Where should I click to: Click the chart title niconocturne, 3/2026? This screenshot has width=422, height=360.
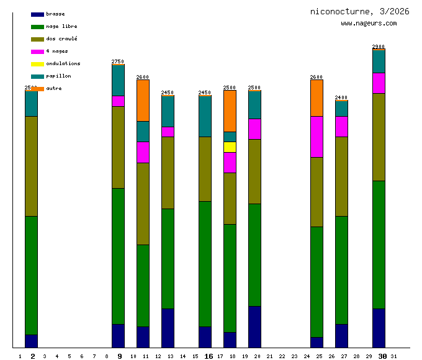point(359,12)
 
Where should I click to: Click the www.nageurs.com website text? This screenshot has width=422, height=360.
point(369,24)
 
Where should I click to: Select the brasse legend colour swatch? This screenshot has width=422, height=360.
point(37,14)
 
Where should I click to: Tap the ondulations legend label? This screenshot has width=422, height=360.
point(63,63)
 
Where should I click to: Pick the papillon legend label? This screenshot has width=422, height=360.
point(58,76)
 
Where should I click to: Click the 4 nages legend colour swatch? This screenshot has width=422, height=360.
point(37,52)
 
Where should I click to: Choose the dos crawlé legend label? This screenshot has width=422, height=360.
point(61,38)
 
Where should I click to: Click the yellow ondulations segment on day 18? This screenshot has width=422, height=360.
point(230,147)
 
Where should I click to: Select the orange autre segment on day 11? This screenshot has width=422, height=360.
point(143,101)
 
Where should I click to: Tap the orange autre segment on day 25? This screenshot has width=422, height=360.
point(316,98)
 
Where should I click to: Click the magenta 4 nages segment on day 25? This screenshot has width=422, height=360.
point(316,137)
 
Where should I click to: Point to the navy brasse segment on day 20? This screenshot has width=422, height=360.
point(254,326)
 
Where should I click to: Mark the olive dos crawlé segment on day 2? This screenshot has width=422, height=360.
point(31,166)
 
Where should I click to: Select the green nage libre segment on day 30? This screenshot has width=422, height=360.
point(379,245)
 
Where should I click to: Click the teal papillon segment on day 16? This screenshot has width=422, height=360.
point(205,117)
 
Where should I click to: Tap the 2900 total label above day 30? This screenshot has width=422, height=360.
point(379,47)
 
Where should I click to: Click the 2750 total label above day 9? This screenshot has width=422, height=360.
point(118,61)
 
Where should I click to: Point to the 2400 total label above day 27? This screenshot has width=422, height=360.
point(341,97)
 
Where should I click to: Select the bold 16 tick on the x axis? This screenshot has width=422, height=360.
point(209,356)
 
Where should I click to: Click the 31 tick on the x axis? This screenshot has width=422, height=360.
point(393,356)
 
